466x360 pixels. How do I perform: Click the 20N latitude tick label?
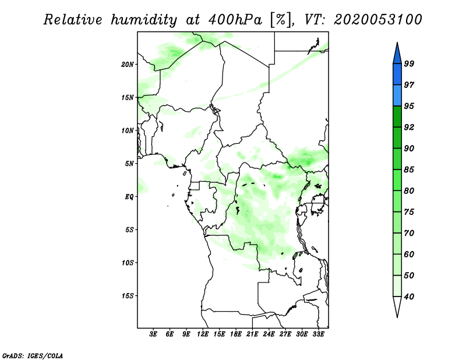[127, 64]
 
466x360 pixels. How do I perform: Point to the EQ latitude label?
[129, 196]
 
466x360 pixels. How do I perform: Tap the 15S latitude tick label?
[128, 296]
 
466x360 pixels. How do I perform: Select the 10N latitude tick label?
[127, 130]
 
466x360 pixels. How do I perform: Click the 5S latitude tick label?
[129, 230]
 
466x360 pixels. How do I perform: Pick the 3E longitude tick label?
[153, 334]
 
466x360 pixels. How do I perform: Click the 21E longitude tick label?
[252, 334]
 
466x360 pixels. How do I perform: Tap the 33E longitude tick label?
[318, 334]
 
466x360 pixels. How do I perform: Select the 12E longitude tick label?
[203, 334]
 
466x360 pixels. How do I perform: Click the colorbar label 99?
[409, 63]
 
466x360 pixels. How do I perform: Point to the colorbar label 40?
[409, 297]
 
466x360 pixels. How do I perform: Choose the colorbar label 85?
[409, 170]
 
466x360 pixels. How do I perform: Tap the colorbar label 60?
[409, 254]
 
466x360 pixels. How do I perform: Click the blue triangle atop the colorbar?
[397, 54]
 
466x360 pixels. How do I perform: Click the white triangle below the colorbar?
[397, 306]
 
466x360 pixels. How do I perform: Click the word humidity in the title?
[144, 20]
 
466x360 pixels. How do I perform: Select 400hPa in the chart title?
[235, 20]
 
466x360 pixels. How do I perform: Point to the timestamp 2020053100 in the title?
[377, 20]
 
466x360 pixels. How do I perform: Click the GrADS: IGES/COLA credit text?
[33, 355]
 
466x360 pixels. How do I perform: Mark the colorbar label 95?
[409, 106]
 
